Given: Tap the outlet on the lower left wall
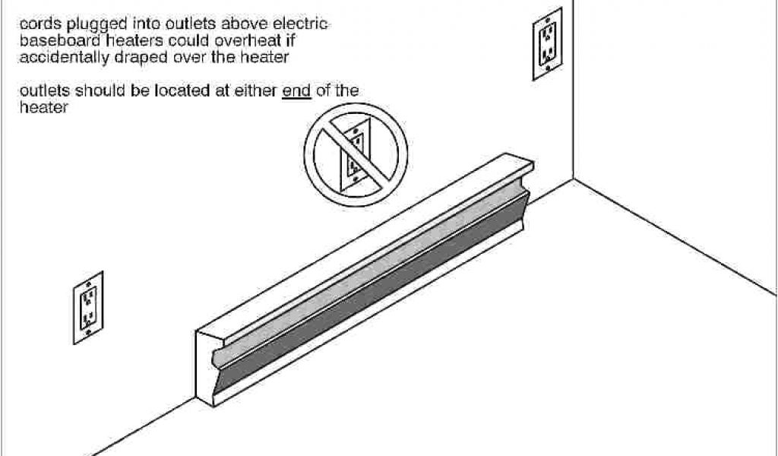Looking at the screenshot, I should (88, 305).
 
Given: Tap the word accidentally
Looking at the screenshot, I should (59, 58).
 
